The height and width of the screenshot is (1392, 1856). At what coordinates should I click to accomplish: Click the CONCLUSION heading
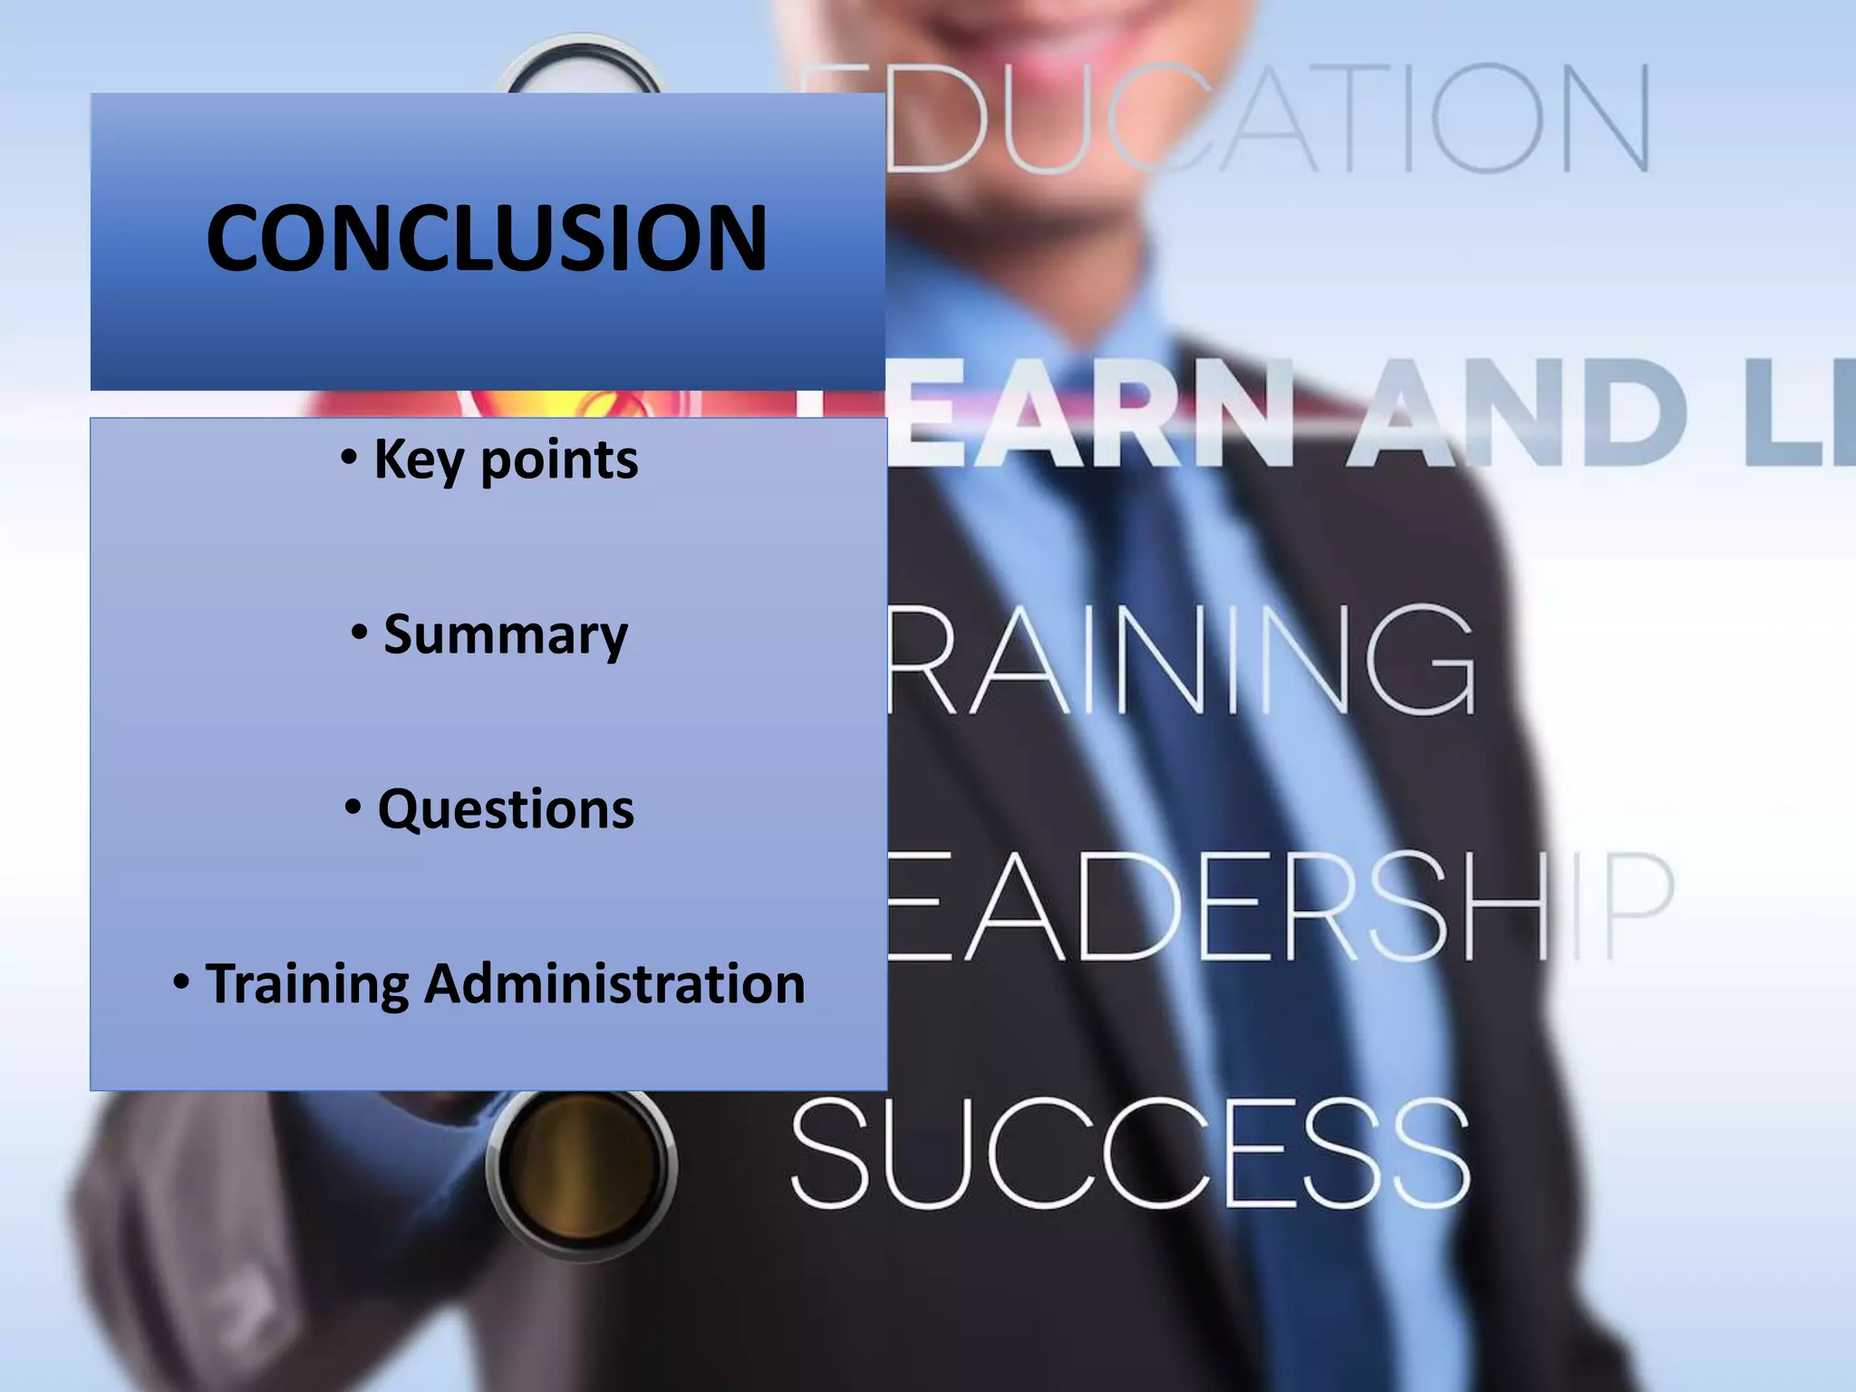click(487, 237)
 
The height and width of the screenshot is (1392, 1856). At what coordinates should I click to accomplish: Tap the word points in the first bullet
click(559, 461)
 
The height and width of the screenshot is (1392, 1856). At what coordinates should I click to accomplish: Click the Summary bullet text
click(505, 634)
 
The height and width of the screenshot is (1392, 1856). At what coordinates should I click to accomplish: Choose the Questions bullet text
click(506, 808)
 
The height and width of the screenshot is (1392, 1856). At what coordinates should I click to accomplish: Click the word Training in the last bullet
click(307, 984)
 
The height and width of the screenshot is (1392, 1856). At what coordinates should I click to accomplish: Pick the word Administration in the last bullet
click(614, 984)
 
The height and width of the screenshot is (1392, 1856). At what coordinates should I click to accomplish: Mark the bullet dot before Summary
click(360, 633)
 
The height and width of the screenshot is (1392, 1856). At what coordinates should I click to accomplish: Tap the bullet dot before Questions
click(353, 807)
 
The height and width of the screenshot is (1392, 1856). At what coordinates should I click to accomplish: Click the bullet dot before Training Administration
click(181, 981)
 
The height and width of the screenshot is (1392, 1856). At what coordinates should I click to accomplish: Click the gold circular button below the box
click(580, 1162)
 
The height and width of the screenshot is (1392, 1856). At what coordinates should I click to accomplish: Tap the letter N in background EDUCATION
click(1604, 118)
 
